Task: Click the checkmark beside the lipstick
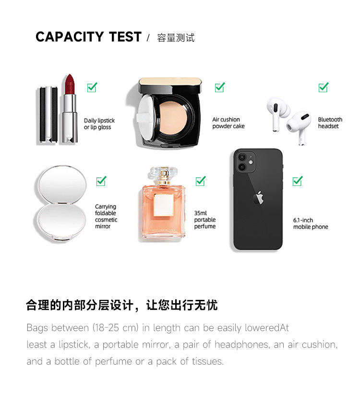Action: (92, 87)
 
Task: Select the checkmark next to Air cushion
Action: (220, 87)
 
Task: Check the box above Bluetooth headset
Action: (324, 87)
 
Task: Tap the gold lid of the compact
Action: (170, 82)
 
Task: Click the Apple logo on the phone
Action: (258, 198)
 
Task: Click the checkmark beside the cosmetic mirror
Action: (101, 181)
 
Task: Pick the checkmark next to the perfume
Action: (201, 181)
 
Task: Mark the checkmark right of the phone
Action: (298, 181)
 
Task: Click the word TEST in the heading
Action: (125, 37)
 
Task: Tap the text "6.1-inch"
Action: (303, 220)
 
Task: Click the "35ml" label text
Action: (201, 213)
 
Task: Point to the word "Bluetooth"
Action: (330, 120)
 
